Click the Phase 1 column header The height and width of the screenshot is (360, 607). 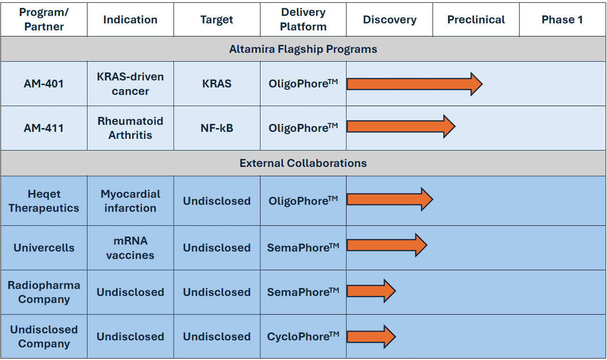coord(562,20)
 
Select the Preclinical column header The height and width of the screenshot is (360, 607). coord(476,20)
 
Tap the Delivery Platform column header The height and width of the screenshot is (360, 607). coord(303,20)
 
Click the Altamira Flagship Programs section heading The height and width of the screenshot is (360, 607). coord(303,49)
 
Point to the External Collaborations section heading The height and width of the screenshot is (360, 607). coord(303,163)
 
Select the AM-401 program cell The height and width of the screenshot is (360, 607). coord(43,83)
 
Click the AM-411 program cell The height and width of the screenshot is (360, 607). coord(43,128)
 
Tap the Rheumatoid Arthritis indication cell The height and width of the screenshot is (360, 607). coord(130,128)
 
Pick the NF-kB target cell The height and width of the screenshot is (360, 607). coord(217,128)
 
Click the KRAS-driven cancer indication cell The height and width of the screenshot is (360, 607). coord(130,84)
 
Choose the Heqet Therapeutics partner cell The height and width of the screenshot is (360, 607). coord(43,201)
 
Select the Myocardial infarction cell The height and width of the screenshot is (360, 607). coord(130,201)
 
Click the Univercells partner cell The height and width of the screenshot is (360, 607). coord(43,248)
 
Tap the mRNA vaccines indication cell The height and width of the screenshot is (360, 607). coord(130,248)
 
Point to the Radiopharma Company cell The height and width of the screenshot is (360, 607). coord(43,292)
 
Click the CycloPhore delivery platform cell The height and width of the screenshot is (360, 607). coord(303,336)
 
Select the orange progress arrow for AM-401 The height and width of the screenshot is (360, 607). coord(415,84)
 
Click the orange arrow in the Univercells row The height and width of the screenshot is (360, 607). coord(387,245)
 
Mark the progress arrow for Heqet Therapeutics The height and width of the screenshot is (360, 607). coord(390,199)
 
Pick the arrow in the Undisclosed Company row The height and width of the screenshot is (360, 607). coord(371,337)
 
